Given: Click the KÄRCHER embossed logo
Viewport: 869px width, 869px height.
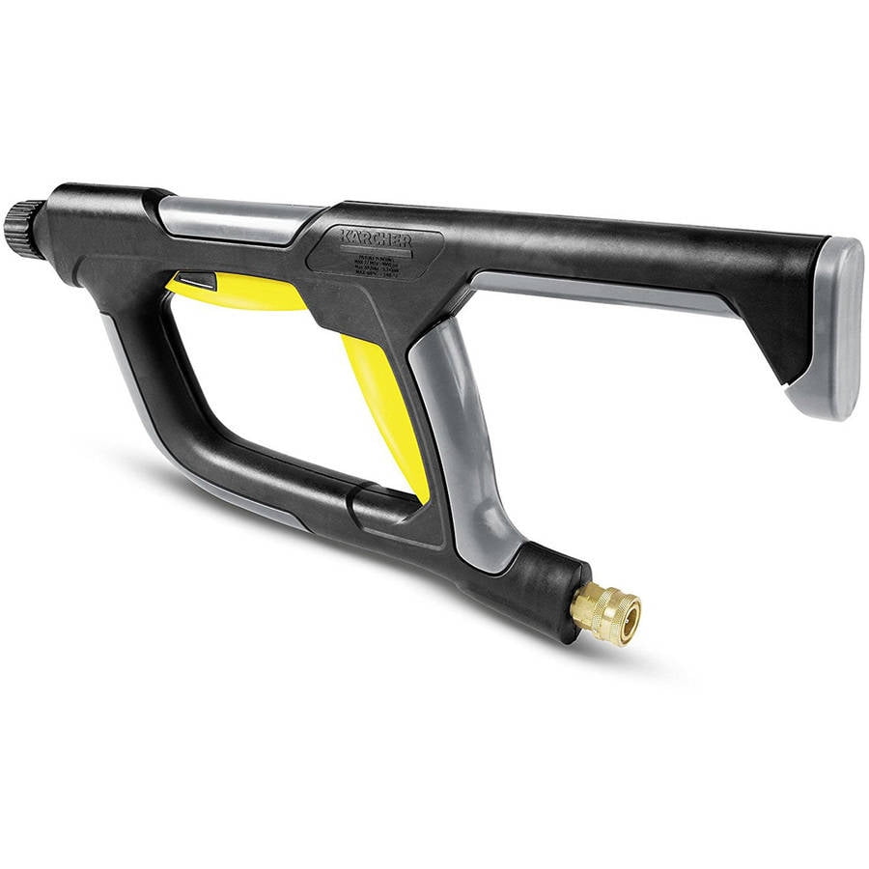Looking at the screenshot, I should click(375, 239).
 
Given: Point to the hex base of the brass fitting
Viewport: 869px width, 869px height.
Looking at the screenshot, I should click(582, 603).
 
